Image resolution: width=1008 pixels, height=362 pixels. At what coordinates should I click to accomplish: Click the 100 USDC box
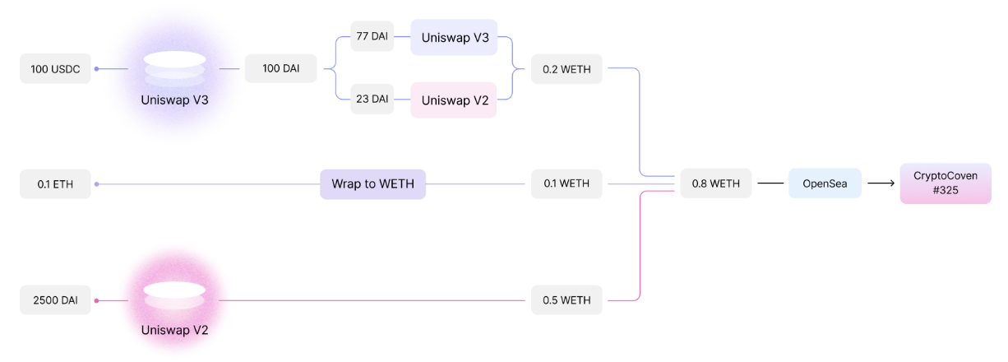pyautogui.click(x=55, y=69)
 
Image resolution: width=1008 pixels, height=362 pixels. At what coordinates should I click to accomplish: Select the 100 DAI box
pyautogui.click(x=280, y=69)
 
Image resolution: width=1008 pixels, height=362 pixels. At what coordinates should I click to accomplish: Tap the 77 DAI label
pyautogui.click(x=372, y=38)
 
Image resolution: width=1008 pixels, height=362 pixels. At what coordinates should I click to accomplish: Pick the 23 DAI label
pyautogui.click(x=372, y=100)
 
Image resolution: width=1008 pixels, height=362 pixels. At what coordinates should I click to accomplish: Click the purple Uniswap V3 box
pyautogui.click(x=454, y=38)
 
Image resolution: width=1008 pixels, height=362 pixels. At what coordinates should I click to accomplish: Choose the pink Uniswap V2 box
pyautogui.click(x=454, y=100)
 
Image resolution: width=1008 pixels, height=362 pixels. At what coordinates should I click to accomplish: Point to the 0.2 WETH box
pyautogui.click(x=566, y=69)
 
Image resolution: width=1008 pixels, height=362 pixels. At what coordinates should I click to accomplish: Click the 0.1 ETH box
pyautogui.click(x=55, y=184)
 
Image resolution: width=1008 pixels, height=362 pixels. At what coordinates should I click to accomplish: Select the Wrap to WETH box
pyautogui.click(x=372, y=184)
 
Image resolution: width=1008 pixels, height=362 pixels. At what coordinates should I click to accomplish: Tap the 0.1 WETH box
pyautogui.click(x=566, y=184)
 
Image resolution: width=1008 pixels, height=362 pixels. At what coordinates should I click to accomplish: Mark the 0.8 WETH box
pyautogui.click(x=715, y=184)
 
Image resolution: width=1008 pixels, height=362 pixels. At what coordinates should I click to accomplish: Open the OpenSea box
pyautogui.click(x=825, y=184)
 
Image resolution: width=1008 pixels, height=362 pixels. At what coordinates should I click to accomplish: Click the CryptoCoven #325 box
pyautogui.click(x=945, y=183)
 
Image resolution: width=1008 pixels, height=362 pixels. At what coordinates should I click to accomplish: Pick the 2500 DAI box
pyautogui.click(x=55, y=300)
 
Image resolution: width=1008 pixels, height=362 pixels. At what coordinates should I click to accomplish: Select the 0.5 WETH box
pyautogui.click(x=566, y=300)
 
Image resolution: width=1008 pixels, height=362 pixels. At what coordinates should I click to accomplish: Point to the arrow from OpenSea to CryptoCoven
pyautogui.click(x=881, y=184)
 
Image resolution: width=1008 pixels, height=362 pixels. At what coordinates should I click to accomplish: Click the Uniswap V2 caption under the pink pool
pyautogui.click(x=174, y=331)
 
